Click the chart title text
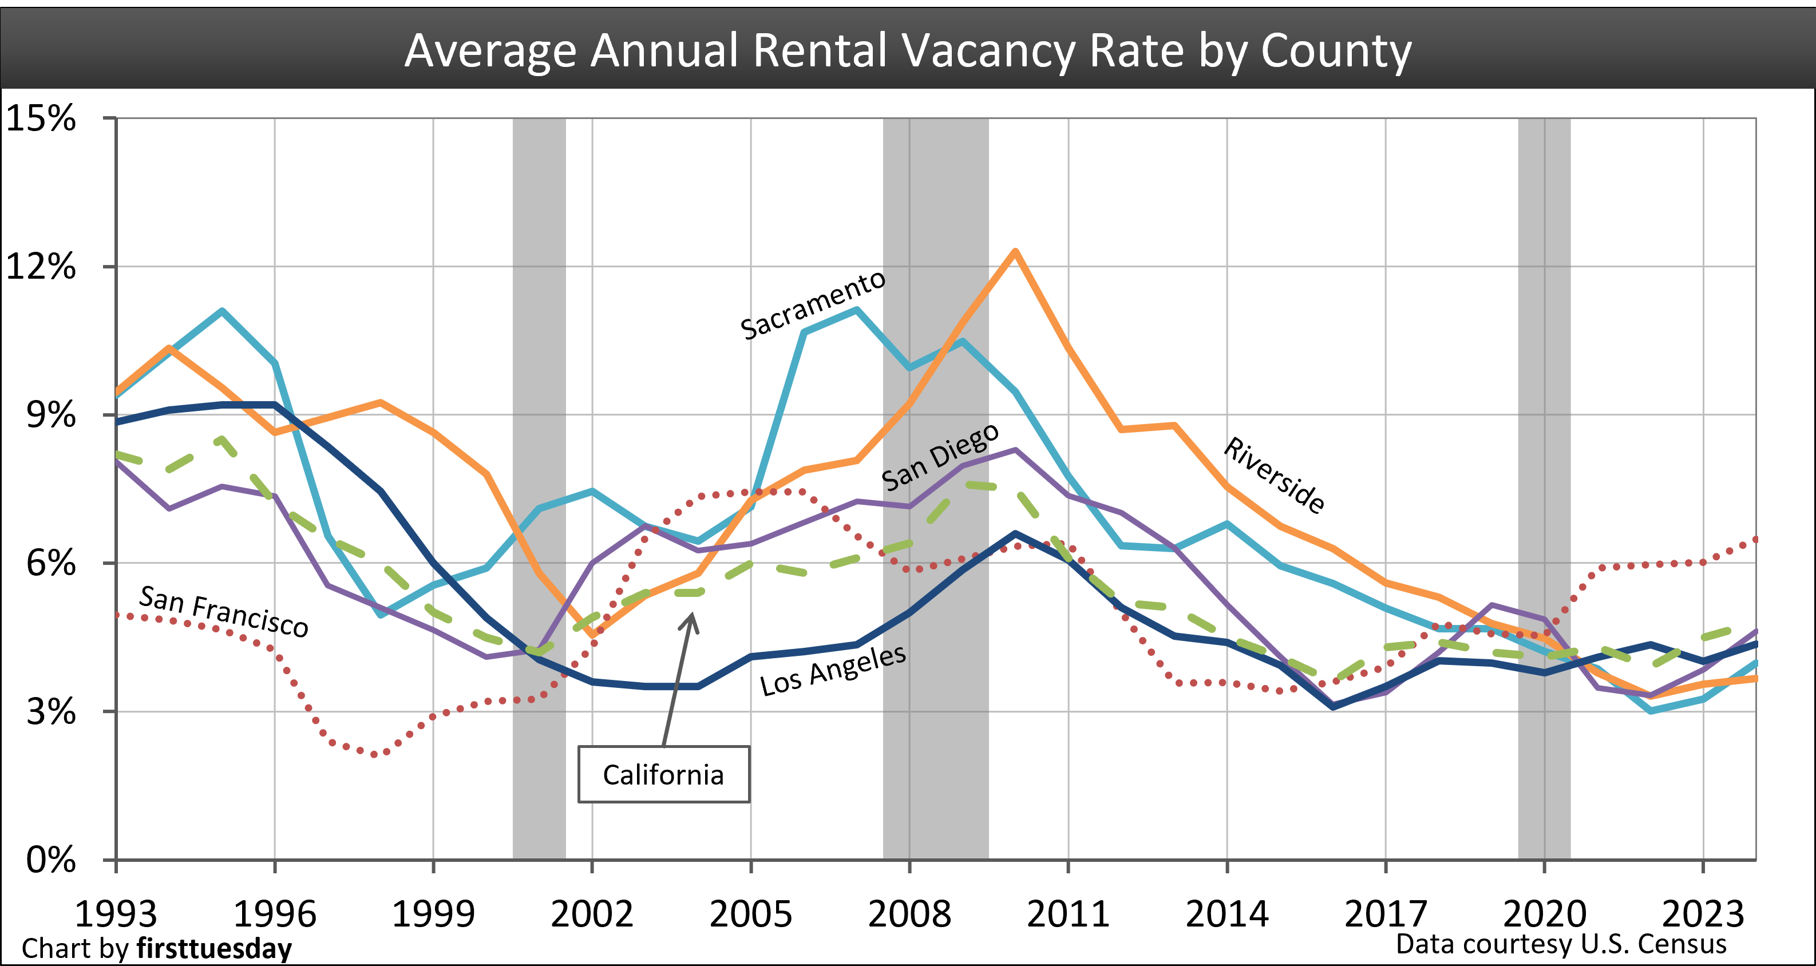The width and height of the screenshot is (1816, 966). pyautogui.click(x=908, y=51)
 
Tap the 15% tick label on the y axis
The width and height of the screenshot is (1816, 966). pyautogui.click(x=41, y=118)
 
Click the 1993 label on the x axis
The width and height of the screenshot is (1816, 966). pyautogui.click(x=116, y=914)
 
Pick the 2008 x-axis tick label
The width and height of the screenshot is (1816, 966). pyautogui.click(x=909, y=914)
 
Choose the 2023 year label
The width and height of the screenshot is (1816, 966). pyautogui.click(x=1703, y=914)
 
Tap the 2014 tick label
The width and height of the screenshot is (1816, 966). pyautogui.click(x=1227, y=914)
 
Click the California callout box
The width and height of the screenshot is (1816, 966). pyautogui.click(x=663, y=774)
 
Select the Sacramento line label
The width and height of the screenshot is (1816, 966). pyautogui.click(x=813, y=306)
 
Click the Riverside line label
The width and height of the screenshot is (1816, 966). pyautogui.click(x=1274, y=474)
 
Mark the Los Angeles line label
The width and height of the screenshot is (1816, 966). pyautogui.click(x=833, y=671)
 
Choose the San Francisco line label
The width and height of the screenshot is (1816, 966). pyautogui.click(x=223, y=611)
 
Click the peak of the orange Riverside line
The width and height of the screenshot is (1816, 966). pyautogui.click(x=1015, y=251)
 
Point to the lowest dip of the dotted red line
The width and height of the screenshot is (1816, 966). pyautogui.click(x=374, y=754)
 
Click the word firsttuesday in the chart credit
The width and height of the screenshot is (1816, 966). pyautogui.click(x=214, y=949)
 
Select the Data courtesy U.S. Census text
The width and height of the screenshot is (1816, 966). pyautogui.click(x=1561, y=944)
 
